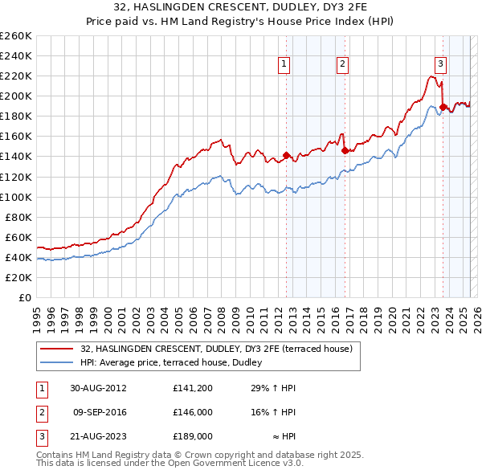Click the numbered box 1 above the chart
coord(285,66)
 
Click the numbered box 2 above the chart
coord(342,66)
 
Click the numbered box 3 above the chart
coord(441,66)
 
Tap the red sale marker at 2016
coord(344,150)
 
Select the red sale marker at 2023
coord(443,107)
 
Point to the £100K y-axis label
coord(17,197)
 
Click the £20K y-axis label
coord(19,277)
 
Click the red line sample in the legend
coord(58,349)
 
